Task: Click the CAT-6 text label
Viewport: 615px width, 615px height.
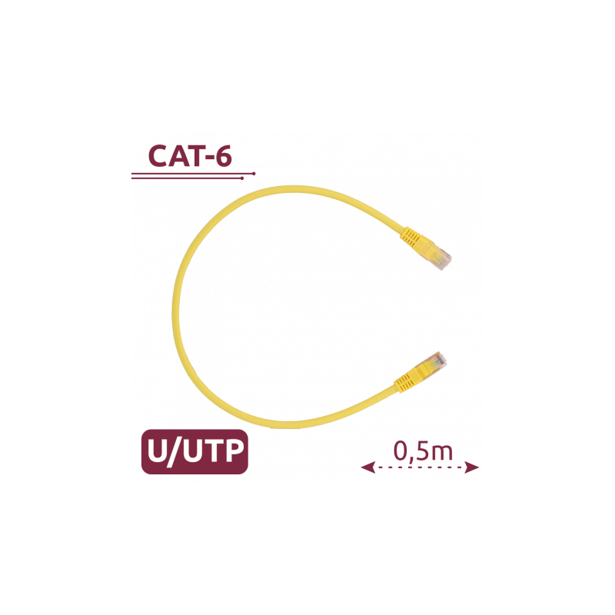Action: click(x=190, y=156)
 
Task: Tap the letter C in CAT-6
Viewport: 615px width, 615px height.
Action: click(x=158, y=156)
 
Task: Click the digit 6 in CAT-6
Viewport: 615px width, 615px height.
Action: click(x=224, y=156)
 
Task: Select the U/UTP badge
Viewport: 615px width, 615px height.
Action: click(x=194, y=452)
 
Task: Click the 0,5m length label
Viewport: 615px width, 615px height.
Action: click(x=424, y=451)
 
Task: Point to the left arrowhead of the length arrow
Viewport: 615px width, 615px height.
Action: click(x=368, y=467)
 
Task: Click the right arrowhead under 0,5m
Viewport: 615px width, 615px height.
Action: click(x=472, y=467)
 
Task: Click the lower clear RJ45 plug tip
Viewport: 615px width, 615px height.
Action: click(x=435, y=361)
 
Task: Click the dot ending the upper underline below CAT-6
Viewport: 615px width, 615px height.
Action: click(x=254, y=174)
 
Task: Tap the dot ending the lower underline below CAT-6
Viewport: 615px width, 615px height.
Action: click(x=242, y=178)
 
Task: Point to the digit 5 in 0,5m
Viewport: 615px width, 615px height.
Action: click(x=421, y=451)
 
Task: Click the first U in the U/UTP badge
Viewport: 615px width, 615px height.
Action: click(x=158, y=451)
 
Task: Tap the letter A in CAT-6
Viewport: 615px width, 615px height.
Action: click(x=178, y=156)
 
